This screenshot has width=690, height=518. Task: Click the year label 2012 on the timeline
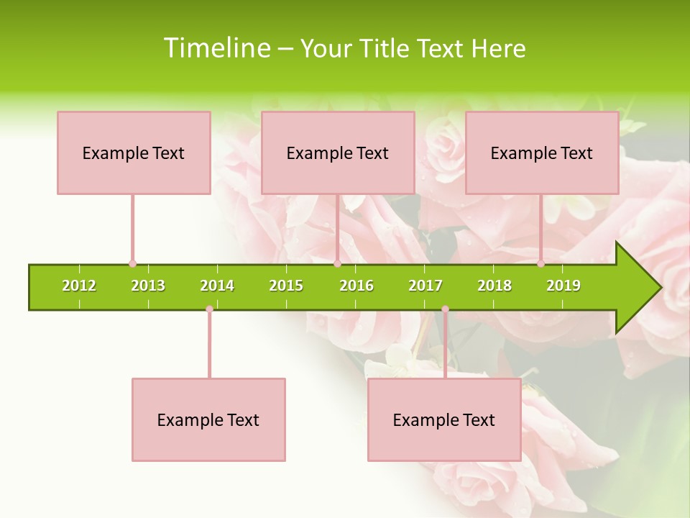pos(79,286)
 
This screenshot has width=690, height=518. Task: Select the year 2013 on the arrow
pos(148,286)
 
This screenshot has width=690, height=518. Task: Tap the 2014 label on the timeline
pos(217,286)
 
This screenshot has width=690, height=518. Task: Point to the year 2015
pos(286,286)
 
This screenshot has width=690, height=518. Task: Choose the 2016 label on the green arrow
pos(356,286)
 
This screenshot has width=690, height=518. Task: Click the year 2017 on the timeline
pos(425,286)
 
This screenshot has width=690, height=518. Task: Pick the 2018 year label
pos(494,286)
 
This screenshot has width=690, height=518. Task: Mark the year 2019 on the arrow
pos(563,286)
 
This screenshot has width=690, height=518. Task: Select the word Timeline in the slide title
pos(216,48)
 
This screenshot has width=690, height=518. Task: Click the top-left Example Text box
pos(134,153)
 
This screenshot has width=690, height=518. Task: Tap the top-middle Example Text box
pos(338,153)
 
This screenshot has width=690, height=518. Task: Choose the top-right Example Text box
pos(542,153)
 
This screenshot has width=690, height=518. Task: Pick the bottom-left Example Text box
pos(208,419)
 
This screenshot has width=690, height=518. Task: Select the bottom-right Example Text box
pos(444,419)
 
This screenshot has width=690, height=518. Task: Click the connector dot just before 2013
pos(132,264)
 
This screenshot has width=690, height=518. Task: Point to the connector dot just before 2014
pos(209,309)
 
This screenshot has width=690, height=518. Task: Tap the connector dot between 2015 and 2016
pos(337,264)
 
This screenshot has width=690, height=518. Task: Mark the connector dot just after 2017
pos(445,309)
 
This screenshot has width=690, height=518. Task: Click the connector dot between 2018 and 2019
pos(540,264)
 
